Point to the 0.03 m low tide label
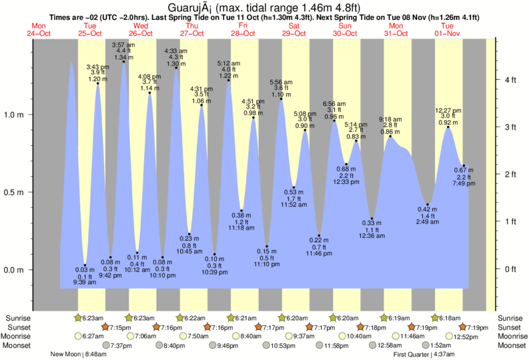85,269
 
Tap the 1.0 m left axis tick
14,115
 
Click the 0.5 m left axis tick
14,193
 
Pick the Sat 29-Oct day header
294,29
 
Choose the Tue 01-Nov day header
448,29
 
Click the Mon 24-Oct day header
39,29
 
